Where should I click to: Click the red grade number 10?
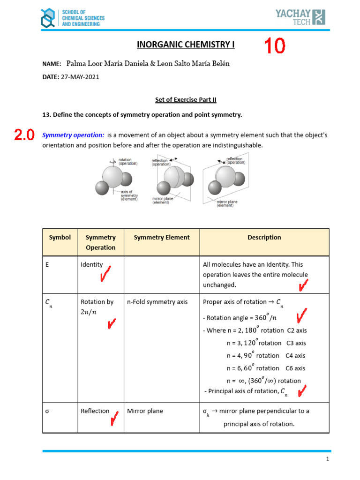[x=274, y=46]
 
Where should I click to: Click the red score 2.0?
[x=24, y=135]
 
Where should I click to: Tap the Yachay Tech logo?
[x=300, y=17]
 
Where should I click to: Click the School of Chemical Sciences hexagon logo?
[x=47, y=18]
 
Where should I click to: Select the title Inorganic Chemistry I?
[x=185, y=45]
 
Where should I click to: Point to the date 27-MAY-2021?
[x=80, y=77]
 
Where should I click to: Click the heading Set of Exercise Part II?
[x=186, y=99]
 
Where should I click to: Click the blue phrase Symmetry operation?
[x=73, y=135]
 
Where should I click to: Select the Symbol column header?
[x=60, y=237]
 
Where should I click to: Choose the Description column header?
[x=264, y=237]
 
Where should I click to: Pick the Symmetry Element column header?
[x=162, y=237]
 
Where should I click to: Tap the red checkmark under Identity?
[x=106, y=275]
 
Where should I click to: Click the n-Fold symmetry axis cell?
[x=157, y=302]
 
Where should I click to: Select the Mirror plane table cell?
[x=145, y=411]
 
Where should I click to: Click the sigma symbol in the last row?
[x=47, y=411]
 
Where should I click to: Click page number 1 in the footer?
[x=328, y=460]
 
